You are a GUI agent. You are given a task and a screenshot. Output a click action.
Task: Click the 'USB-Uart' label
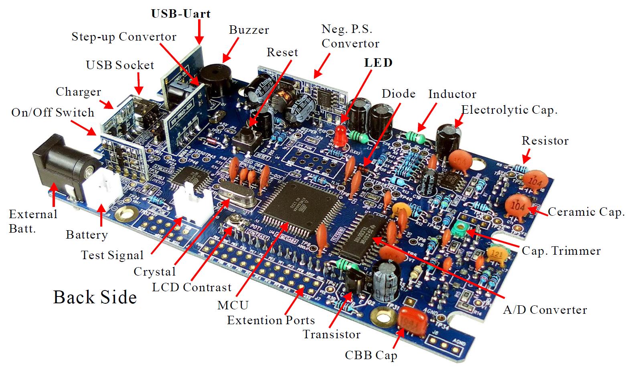180,14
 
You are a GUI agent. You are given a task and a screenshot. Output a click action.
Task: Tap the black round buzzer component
214,81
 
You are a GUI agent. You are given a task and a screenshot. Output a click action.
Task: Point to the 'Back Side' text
95,297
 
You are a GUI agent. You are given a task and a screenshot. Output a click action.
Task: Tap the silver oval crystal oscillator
237,196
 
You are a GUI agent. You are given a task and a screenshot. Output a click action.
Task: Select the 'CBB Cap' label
371,355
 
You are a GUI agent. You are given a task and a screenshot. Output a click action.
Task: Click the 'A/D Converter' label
545,310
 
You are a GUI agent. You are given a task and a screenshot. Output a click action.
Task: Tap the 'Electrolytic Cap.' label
509,110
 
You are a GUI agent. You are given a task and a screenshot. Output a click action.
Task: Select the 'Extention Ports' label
271,320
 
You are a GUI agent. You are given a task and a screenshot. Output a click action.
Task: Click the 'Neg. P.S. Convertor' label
350,36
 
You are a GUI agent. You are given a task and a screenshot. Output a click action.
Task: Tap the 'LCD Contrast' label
192,287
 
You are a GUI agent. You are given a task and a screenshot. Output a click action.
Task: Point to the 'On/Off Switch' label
53,112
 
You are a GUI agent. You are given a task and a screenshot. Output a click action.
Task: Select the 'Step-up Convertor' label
124,37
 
